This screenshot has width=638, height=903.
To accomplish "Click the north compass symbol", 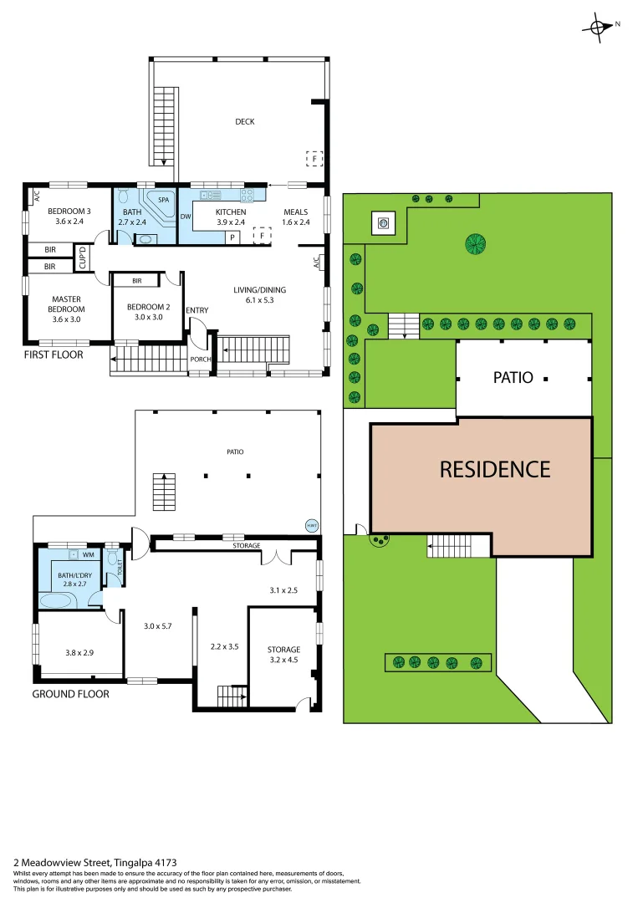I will click(x=600, y=26).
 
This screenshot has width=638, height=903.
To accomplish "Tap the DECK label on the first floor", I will click(x=244, y=122).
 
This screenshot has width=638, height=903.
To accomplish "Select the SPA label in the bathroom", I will click(x=164, y=201).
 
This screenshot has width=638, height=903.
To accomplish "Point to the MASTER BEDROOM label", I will click(x=66, y=304).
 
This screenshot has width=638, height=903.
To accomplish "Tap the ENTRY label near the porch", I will click(x=197, y=311).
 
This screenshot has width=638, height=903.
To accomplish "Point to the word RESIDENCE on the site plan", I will click(x=495, y=469).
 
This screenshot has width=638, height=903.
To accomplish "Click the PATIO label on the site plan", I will click(x=513, y=377).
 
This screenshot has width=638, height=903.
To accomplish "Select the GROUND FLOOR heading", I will click(x=70, y=693).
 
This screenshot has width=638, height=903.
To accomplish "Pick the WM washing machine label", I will click(x=87, y=554).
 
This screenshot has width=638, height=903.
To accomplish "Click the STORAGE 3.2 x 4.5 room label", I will click(x=284, y=654).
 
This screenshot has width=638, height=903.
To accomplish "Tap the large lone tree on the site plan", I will click(x=476, y=245).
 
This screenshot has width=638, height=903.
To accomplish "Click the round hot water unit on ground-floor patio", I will click(x=311, y=525).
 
